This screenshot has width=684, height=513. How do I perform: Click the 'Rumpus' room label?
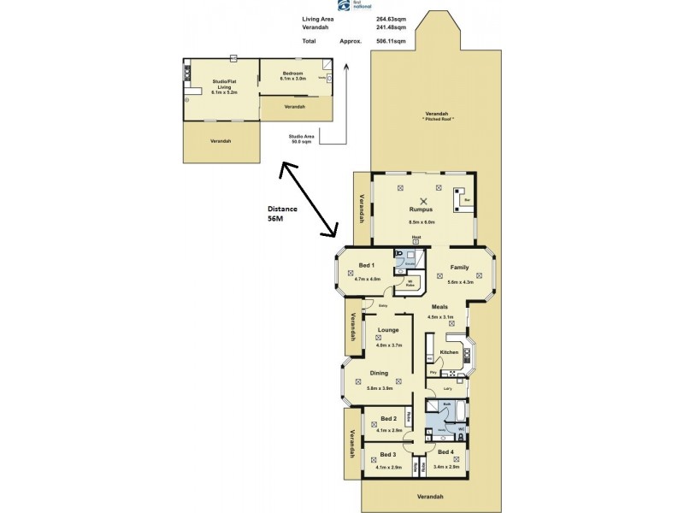[x=422, y=209]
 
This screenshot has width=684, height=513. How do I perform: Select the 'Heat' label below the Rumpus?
[x=416, y=237]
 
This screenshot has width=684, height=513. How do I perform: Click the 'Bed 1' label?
[x=368, y=265]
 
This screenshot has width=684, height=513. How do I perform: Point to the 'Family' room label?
[x=459, y=268]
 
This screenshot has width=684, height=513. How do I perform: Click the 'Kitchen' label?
[x=449, y=351]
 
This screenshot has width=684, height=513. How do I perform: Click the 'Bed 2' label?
[x=387, y=418]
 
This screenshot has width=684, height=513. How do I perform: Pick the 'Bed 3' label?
[x=387, y=454]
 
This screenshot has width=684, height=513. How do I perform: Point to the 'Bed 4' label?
[x=445, y=451]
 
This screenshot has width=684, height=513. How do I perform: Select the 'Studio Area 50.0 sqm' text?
[x=305, y=139]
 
